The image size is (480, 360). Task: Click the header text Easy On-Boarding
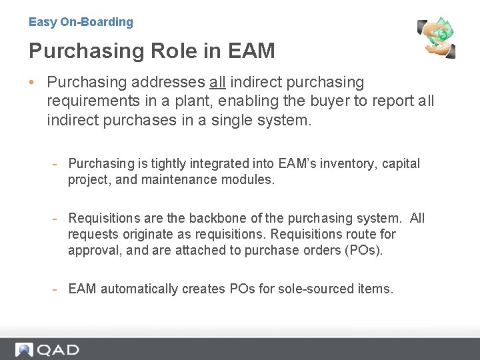coord(81,22)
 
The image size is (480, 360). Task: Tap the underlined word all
coord(217,83)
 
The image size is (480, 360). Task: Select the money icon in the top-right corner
coord(437,37)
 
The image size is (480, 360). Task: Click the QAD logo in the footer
coord(48,349)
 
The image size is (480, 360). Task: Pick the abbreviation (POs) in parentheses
coord(366,250)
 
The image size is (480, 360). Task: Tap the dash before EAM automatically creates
coord(58,289)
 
